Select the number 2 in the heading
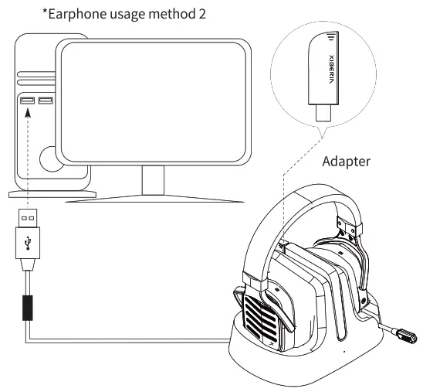click(x=200, y=13)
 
